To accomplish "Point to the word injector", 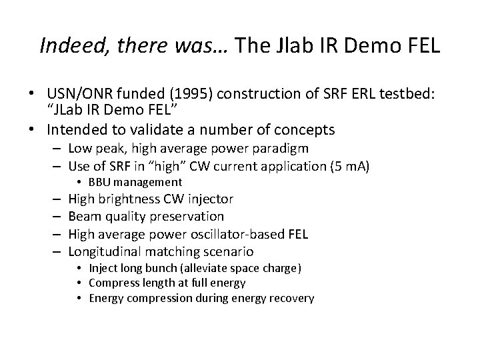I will tap(210, 199).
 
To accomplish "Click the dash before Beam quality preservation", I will tap(56, 216).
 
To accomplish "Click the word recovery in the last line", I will tap(291, 298).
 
